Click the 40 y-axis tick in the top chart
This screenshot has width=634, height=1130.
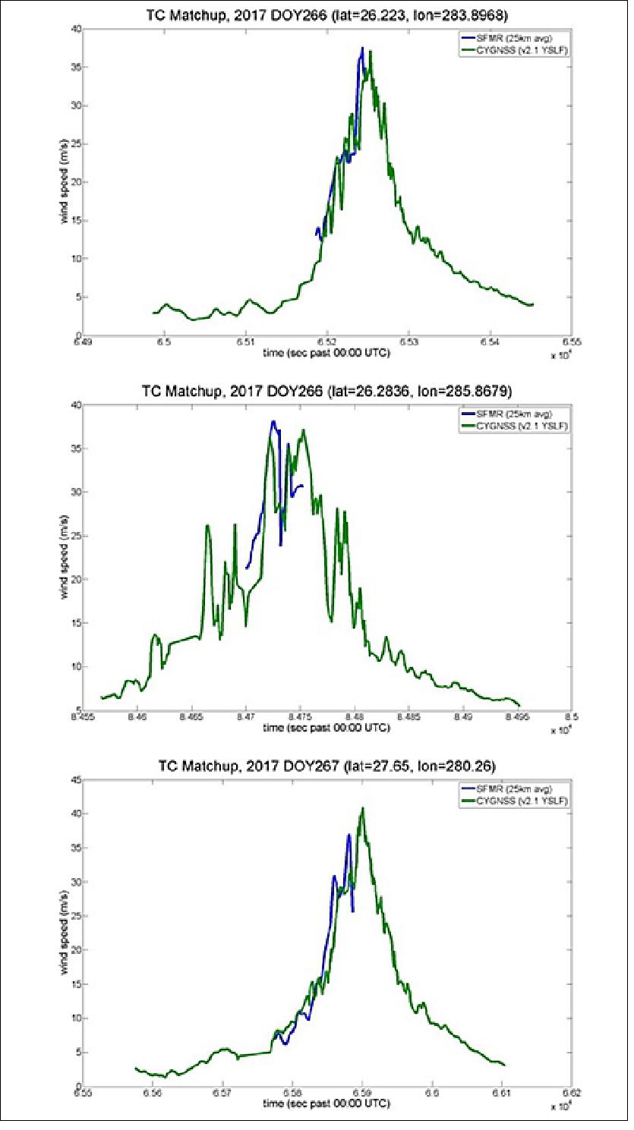coord(75,29)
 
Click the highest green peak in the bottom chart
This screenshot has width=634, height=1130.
coord(363,807)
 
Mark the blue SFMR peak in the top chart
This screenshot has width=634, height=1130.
coord(362,48)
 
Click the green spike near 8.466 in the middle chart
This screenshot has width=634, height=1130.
coord(207,525)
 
